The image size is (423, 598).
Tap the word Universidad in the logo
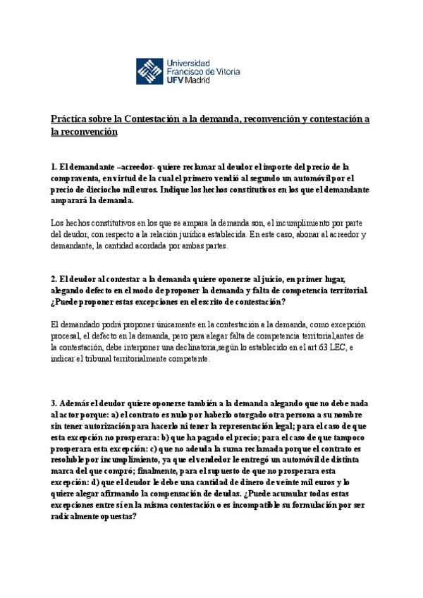pos(189,61)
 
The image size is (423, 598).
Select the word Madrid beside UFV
pos(203,80)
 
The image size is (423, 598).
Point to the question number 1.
pos(54,167)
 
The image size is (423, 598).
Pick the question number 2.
pos(54,279)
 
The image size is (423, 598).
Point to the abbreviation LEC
pos(334,347)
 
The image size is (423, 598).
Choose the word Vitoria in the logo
pos(241,71)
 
